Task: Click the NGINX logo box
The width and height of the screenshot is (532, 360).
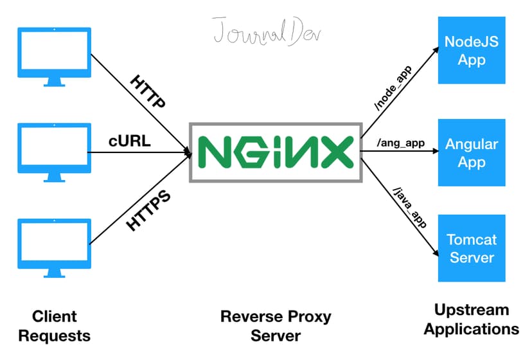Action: (x=275, y=152)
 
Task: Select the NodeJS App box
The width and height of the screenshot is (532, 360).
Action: (x=472, y=50)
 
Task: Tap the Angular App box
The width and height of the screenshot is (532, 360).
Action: (x=472, y=152)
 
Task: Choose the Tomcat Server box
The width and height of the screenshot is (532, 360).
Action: (x=472, y=248)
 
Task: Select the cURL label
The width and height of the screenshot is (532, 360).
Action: (x=129, y=141)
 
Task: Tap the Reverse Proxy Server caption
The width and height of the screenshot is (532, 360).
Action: (x=276, y=325)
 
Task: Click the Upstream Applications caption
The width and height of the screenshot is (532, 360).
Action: (x=471, y=319)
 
